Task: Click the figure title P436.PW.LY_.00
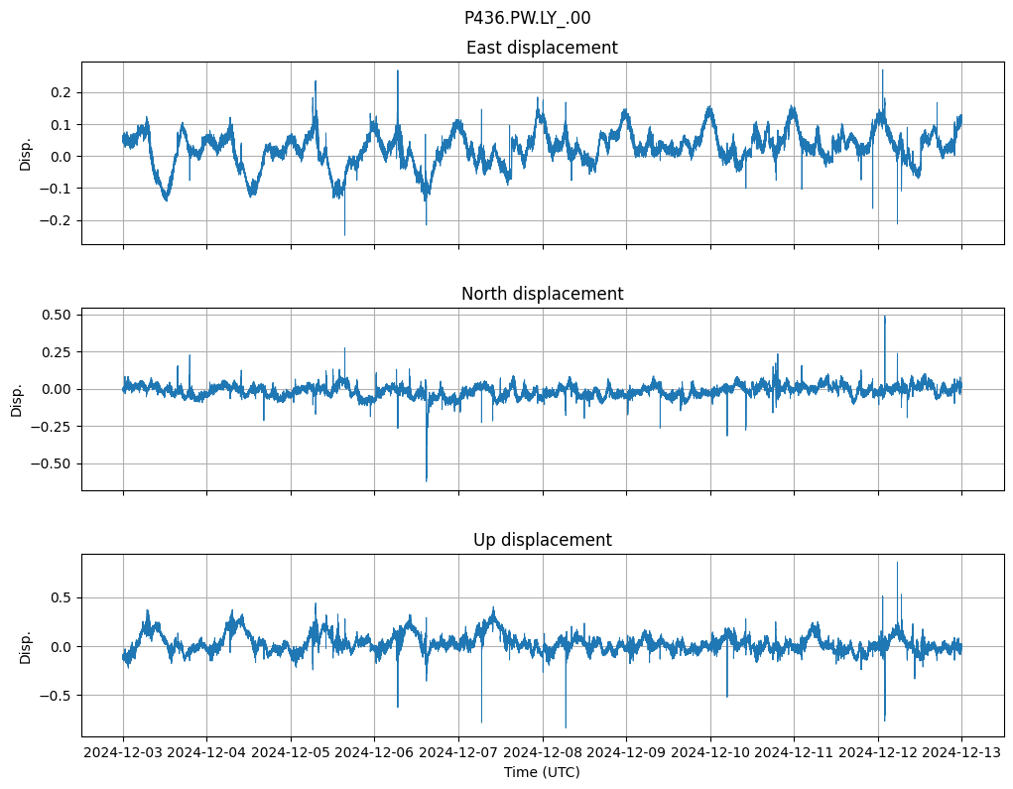tap(527, 18)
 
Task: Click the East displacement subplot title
tap(542, 48)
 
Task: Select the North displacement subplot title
tap(542, 294)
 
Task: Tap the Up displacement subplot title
tap(542, 540)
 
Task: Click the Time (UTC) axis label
tap(542, 771)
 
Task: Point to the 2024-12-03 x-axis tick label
tap(123, 753)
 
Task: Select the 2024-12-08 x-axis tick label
tap(543, 753)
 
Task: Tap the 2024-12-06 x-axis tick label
tap(375, 753)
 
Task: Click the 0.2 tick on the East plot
tap(62, 92)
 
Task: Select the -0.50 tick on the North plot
tap(54, 463)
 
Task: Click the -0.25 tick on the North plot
tap(54, 426)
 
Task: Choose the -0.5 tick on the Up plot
tap(58, 695)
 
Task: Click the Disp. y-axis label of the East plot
tap(26, 153)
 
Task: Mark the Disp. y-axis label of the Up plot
tap(26, 645)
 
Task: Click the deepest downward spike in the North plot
tap(427, 480)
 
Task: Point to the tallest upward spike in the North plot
tap(885, 317)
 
